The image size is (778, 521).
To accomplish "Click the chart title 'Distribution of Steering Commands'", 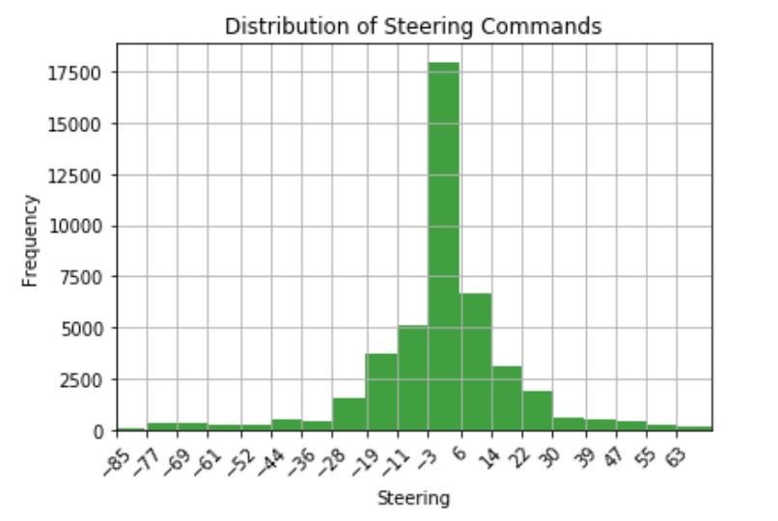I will click(413, 26).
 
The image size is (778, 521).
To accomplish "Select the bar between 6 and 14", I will click(476, 362).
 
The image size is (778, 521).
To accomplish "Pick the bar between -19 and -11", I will click(381, 392).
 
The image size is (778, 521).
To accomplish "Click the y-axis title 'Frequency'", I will click(30, 240).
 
